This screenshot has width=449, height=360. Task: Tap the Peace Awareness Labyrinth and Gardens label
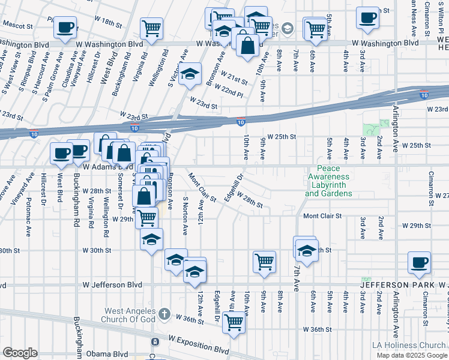328,181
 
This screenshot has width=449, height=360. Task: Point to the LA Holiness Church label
408,345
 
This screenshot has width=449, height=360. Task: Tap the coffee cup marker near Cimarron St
418,262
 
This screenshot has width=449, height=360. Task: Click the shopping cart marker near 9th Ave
264,262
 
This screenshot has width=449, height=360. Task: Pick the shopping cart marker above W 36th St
234,322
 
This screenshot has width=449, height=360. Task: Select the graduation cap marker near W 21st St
190,74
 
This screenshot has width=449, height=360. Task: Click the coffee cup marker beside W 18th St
66,27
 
